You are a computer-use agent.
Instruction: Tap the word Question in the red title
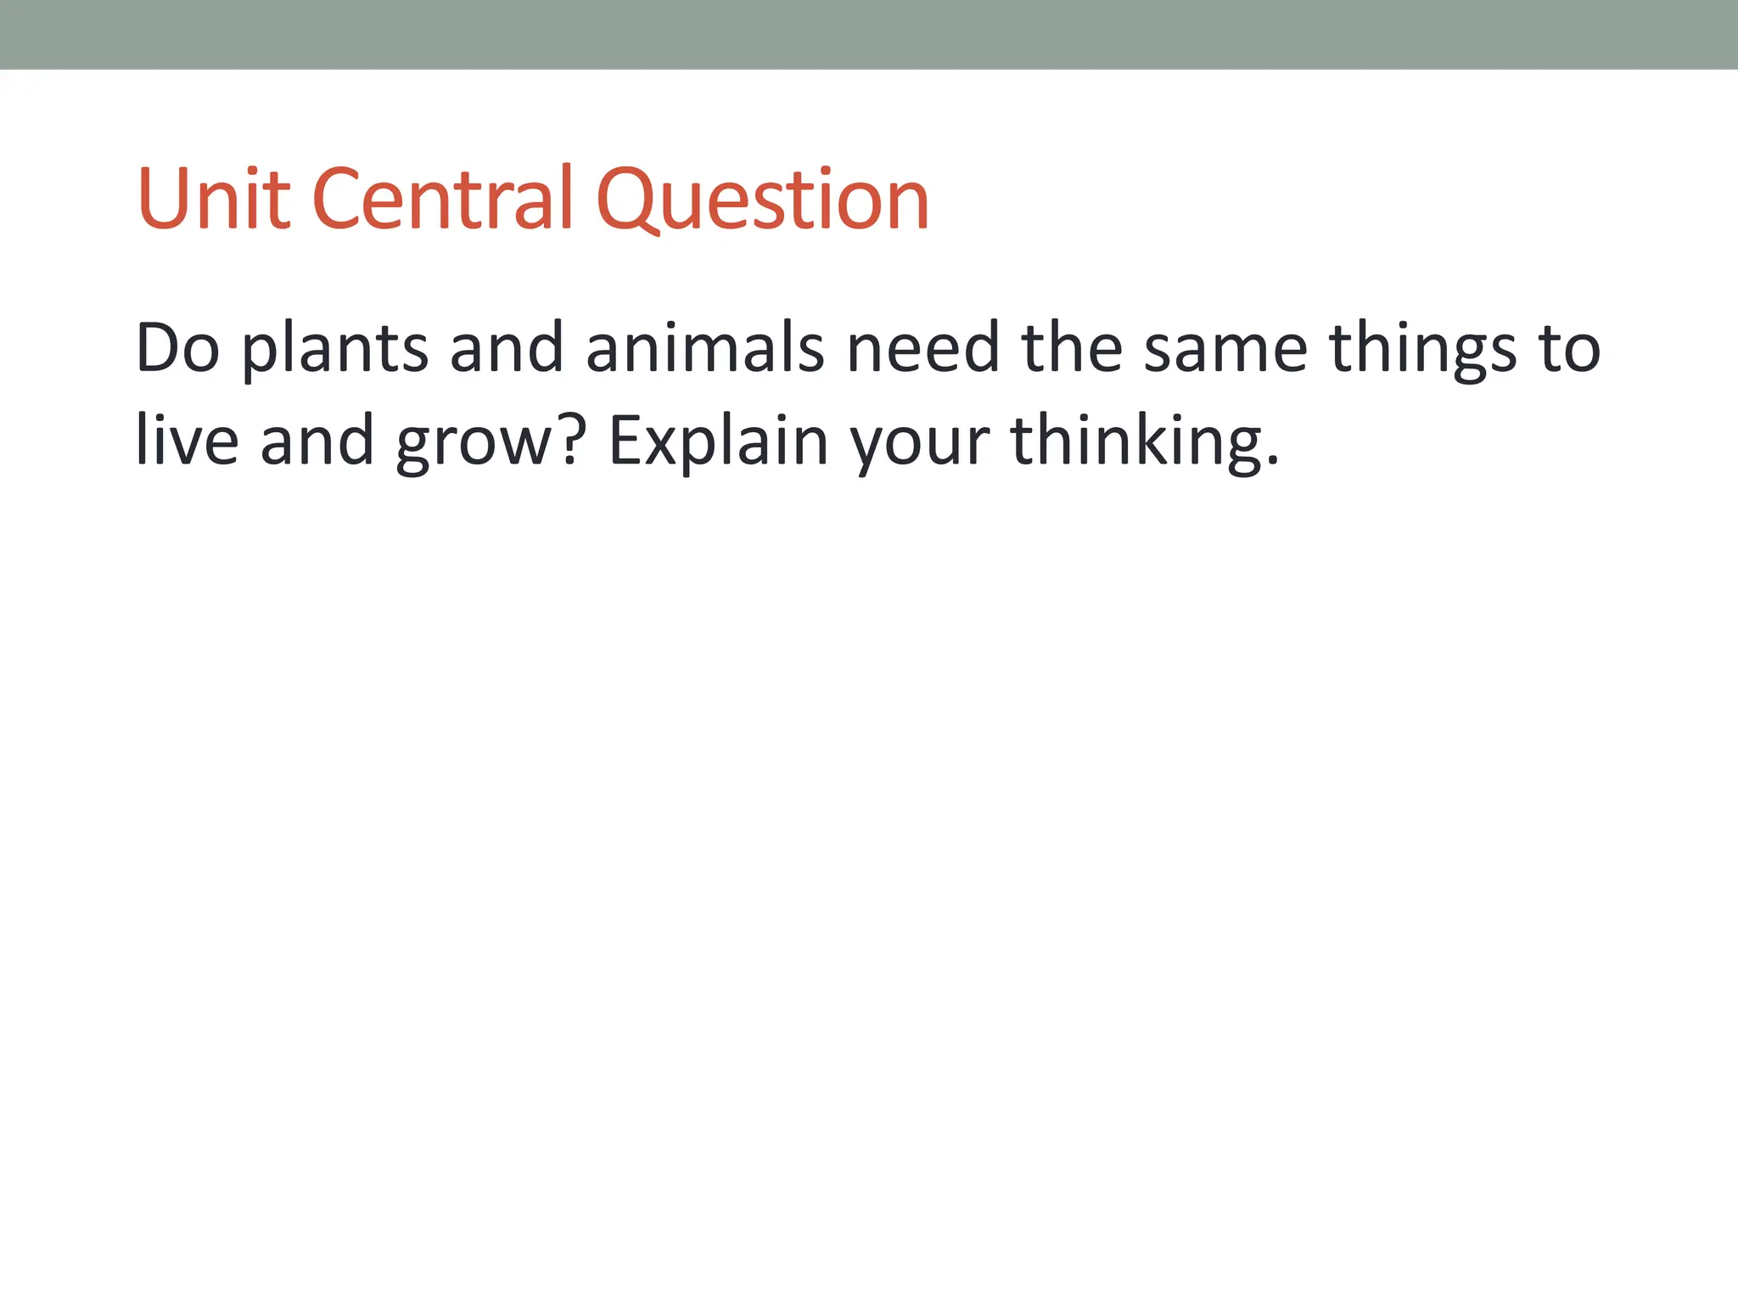pyautogui.click(x=763, y=199)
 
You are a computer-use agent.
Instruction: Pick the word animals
pyautogui.click(x=704, y=347)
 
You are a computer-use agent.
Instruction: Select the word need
pyautogui.click(x=923, y=347)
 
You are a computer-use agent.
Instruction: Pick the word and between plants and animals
pyautogui.click(x=507, y=347)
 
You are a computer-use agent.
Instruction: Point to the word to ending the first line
pyautogui.click(x=1570, y=349)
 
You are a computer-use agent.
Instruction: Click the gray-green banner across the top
pyautogui.click(x=869, y=34)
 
